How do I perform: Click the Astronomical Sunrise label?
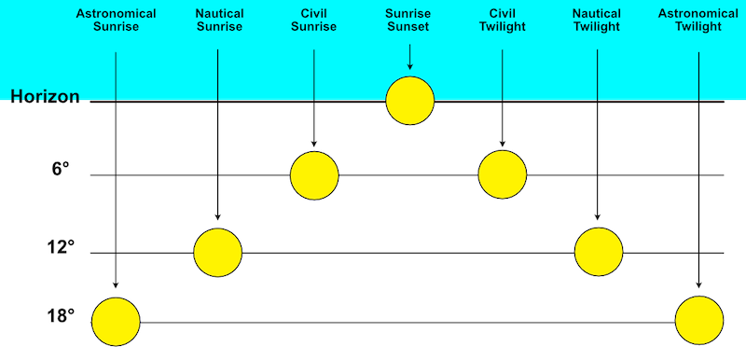(x=117, y=21)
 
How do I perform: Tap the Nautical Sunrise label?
(x=219, y=21)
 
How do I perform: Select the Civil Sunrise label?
(x=314, y=21)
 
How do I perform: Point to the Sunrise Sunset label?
(x=409, y=21)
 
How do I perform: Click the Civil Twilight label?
(x=503, y=21)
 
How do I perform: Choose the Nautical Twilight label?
(x=598, y=21)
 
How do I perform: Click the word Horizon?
(x=45, y=97)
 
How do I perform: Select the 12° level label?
(x=59, y=248)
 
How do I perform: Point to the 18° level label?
(x=59, y=316)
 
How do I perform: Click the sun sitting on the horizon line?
(x=410, y=101)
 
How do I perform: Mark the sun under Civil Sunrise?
(x=314, y=174)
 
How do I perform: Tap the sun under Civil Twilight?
(x=503, y=174)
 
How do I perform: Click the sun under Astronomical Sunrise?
(x=116, y=322)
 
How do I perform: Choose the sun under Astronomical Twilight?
(x=699, y=322)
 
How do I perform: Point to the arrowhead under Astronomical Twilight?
(x=699, y=286)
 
